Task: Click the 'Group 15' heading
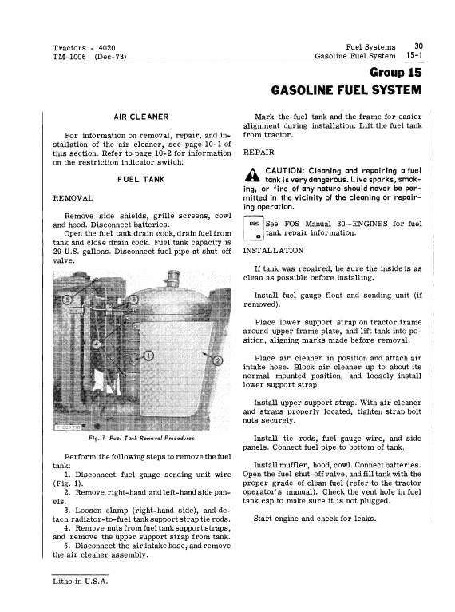click(x=395, y=72)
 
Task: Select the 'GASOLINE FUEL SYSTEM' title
click(x=346, y=90)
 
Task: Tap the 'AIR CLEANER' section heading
click(x=141, y=117)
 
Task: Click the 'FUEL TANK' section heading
click(x=141, y=180)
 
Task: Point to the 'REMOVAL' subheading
click(x=73, y=198)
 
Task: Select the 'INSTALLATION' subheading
click(x=273, y=251)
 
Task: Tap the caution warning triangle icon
click(x=252, y=174)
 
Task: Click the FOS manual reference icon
click(x=253, y=229)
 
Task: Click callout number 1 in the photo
click(x=148, y=356)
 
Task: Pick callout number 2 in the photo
click(x=218, y=360)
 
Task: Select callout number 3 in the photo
click(x=134, y=300)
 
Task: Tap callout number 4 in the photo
click(x=97, y=344)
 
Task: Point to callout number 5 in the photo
click(x=68, y=300)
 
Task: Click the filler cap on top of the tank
click(x=172, y=280)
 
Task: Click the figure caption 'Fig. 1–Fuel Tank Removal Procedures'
click(x=141, y=438)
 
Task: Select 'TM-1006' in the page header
click(x=69, y=57)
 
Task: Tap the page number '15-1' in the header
click(x=414, y=55)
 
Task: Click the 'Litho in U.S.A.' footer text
click(x=81, y=581)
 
